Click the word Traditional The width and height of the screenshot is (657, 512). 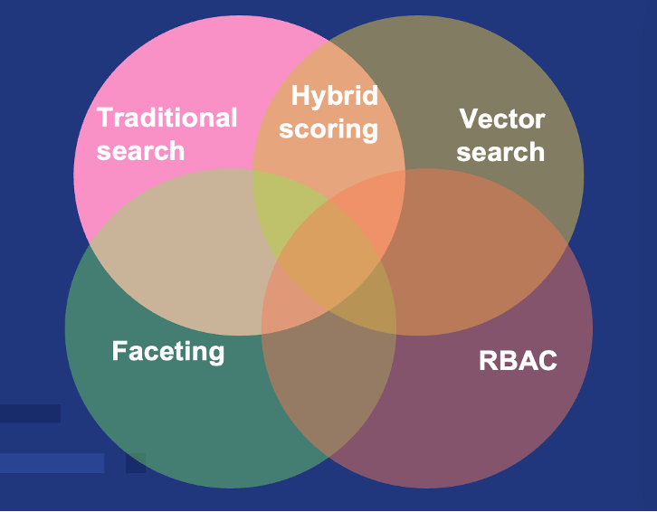pyautogui.click(x=167, y=119)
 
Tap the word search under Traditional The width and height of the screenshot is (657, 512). pyautogui.click(x=140, y=150)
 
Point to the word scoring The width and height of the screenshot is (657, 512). pyautogui.click(x=328, y=129)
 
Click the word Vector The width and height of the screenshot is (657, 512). pyautogui.click(x=501, y=119)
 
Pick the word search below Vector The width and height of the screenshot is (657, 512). pyautogui.click(x=500, y=151)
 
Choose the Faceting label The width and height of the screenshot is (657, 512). pyautogui.click(x=167, y=351)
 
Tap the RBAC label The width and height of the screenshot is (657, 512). pyautogui.click(x=518, y=362)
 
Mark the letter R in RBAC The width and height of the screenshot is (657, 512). pyautogui.click(x=487, y=362)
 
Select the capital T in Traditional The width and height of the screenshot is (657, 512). pyautogui.click(x=104, y=119)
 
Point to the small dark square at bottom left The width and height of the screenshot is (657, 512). pyautogui.click(x=136, y=463)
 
